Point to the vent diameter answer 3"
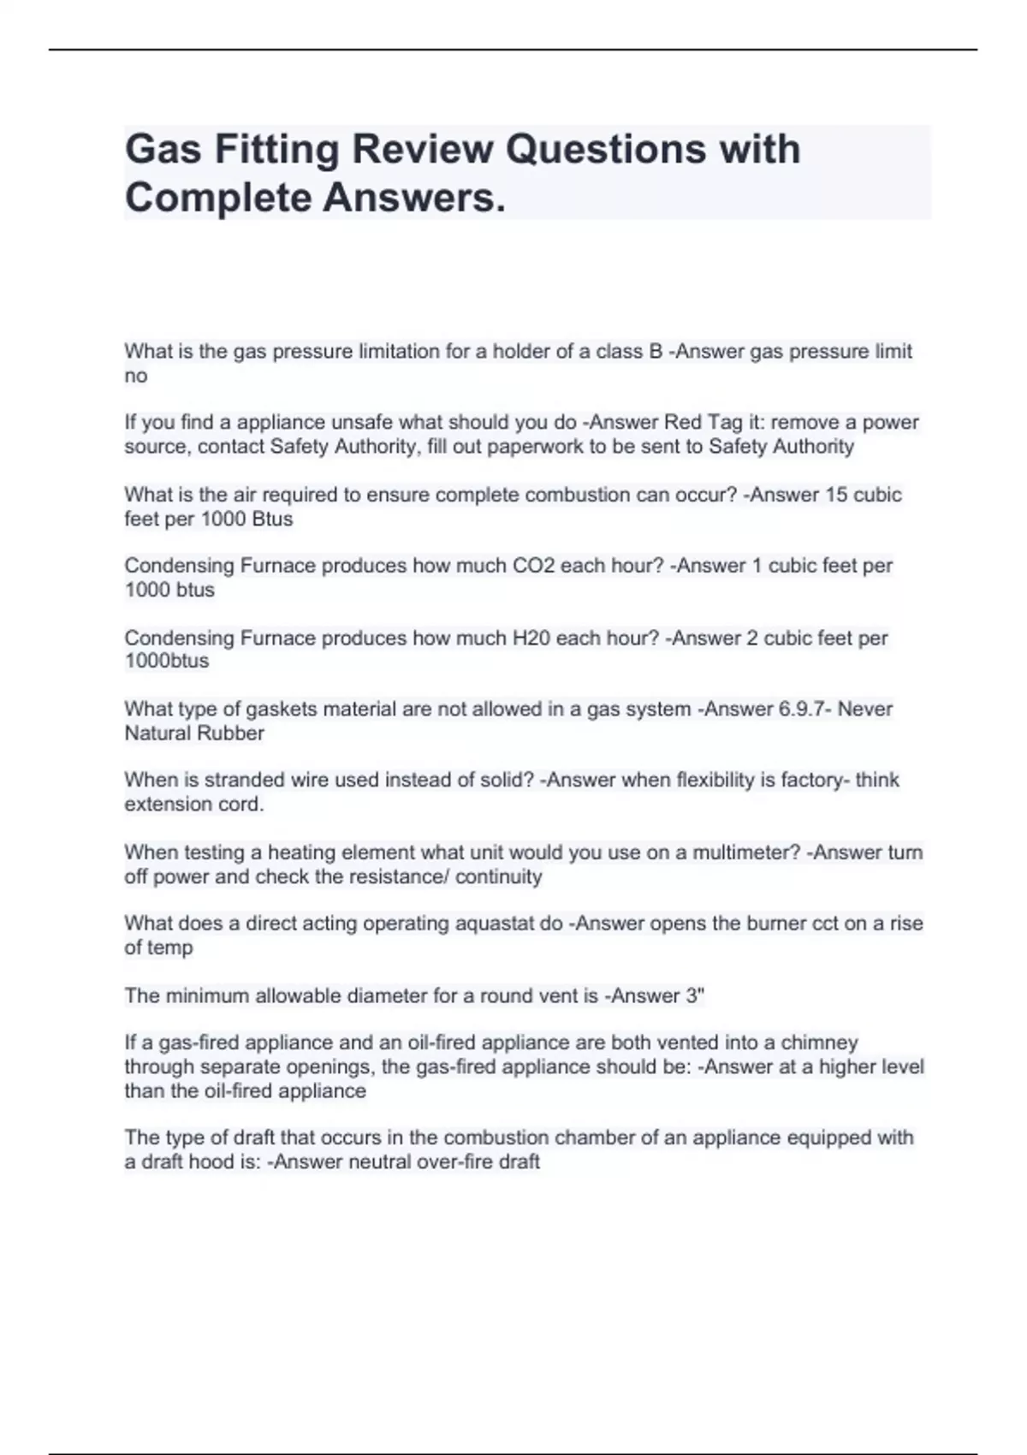click(x=695, y=995)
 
